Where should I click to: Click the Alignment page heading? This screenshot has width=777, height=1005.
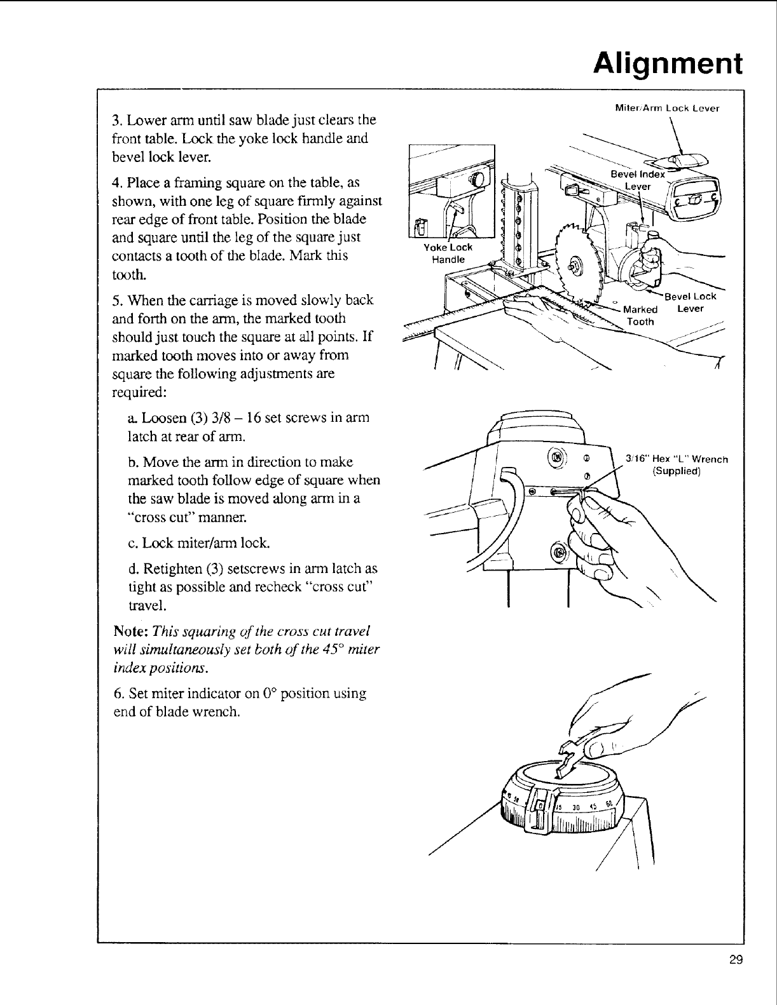[x=667, y=64]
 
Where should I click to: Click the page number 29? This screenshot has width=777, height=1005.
[x=736, y=959]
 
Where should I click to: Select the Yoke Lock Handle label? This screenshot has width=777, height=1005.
[x=449, y=253]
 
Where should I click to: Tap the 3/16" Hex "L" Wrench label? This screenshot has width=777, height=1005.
[x=677, y=459]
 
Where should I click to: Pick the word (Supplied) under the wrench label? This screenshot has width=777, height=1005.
[x=677, y=471]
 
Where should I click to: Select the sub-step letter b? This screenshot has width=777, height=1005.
[x=132, y=462]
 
